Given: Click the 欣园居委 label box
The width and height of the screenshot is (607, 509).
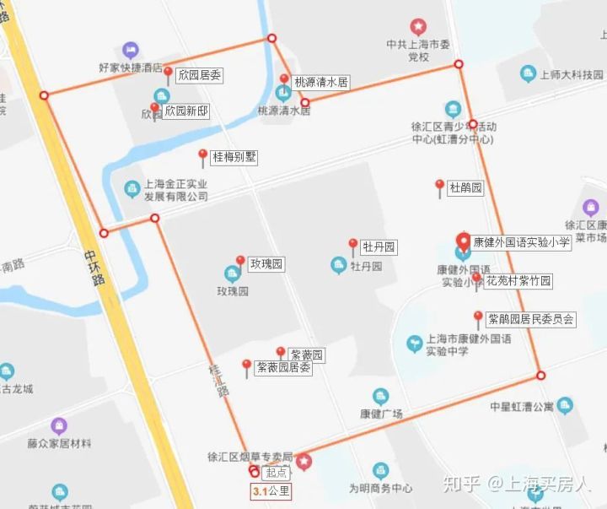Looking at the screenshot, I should tap(200, 75).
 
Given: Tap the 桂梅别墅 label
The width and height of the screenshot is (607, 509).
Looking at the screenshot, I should tap(234, 156).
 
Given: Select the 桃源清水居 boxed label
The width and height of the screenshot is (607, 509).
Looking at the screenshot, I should tap(320, 82).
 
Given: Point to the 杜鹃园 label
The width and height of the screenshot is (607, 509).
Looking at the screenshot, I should tap(466, 187).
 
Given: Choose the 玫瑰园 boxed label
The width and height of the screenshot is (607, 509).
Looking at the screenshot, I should tap(266, 264).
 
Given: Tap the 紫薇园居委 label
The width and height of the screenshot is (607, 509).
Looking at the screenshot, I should tap(283, 368).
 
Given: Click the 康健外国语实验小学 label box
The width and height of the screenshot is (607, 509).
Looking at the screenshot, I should tap(521, 242).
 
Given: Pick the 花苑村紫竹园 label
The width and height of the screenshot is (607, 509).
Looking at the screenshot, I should tap(518, 280).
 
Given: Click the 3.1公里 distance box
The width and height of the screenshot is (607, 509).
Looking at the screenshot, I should tap(271, 490).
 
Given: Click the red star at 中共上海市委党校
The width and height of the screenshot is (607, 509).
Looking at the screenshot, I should tap(418, 27).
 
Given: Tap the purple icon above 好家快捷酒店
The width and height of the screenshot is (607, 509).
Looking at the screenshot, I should tap(130, 50).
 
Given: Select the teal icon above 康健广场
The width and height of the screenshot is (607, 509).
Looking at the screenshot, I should tap(381, 397).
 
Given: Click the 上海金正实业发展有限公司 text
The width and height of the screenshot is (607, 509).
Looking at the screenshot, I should tap(175, 190).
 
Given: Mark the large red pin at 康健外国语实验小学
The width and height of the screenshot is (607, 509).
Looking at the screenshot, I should tap(463, 241).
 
